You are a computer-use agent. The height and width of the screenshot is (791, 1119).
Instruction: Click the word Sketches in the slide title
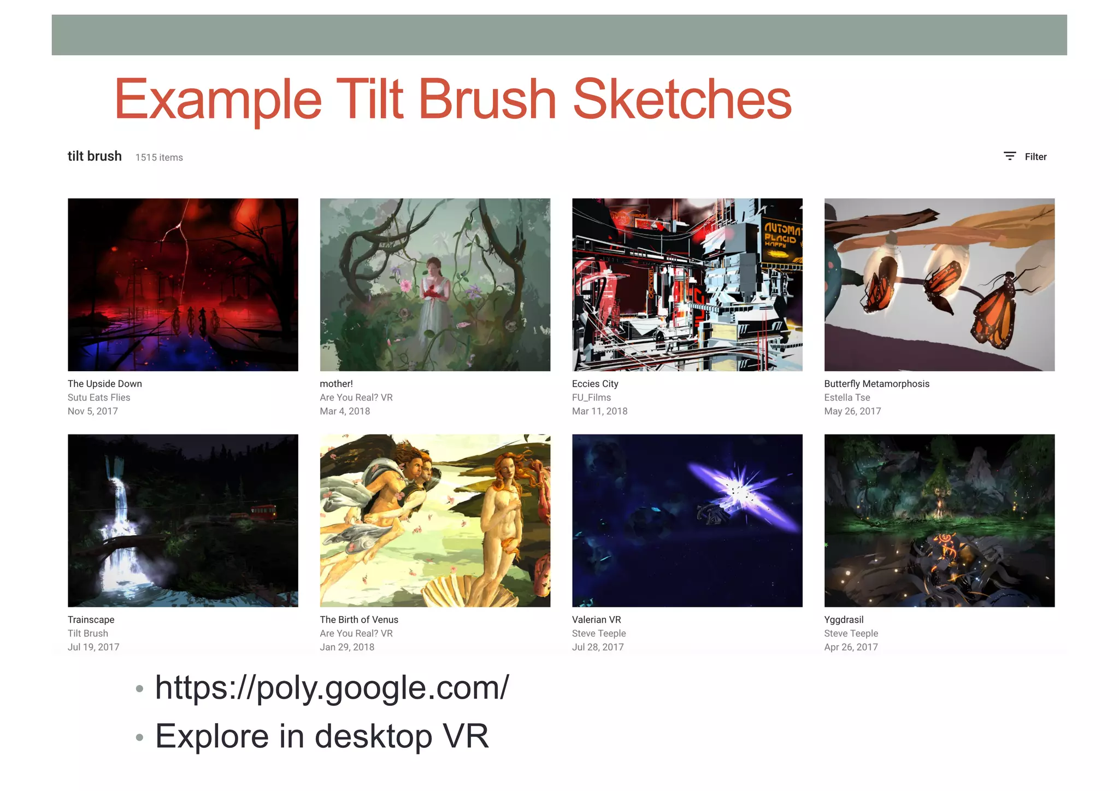(682, 99)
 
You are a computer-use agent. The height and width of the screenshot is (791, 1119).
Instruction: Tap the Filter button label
(1035, 157)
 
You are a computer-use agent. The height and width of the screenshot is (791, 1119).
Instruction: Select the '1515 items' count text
(159, 157)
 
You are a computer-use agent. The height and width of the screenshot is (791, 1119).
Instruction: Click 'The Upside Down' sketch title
(105, 384)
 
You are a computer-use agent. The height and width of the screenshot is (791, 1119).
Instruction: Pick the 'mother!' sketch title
(336, 384)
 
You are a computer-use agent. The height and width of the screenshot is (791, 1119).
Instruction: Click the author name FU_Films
(591, 397)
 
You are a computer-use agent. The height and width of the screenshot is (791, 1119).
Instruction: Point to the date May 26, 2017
(852, 411)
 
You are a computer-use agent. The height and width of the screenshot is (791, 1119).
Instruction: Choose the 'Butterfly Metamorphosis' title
(876, 384)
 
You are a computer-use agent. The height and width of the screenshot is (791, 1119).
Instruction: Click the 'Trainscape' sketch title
(91, 619)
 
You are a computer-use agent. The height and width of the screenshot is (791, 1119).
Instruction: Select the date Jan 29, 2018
(347, 647)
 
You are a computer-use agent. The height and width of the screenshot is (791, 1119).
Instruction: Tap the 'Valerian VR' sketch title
(596, 619)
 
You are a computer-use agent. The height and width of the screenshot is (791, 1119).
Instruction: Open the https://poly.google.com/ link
(332, 687)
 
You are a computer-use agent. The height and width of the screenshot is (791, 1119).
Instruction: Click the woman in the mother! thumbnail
(434, 295)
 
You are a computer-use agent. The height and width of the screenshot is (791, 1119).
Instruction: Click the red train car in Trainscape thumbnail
(263, 511)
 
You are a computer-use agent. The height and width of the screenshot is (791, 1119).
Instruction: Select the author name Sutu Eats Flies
(99, 397)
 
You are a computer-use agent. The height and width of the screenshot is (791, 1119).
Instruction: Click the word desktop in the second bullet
(373, 736)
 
